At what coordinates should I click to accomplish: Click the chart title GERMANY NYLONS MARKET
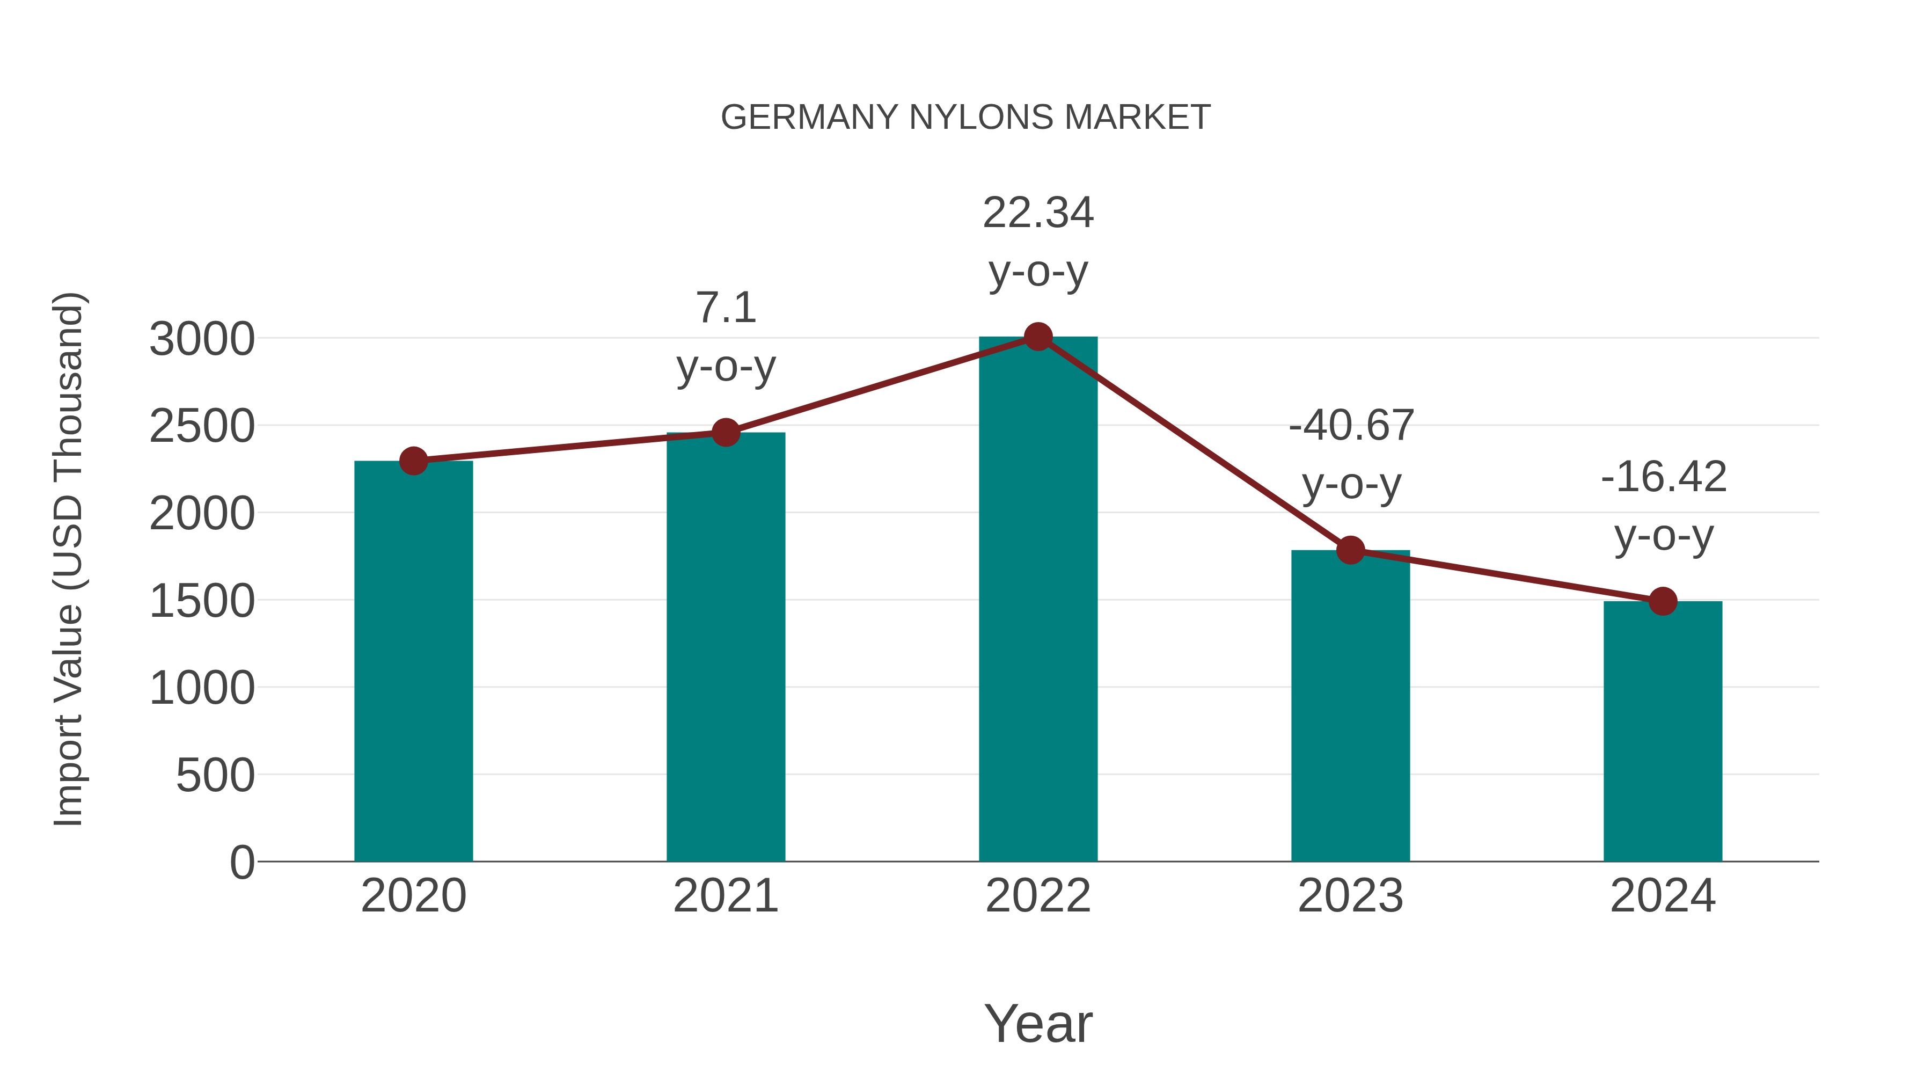965,117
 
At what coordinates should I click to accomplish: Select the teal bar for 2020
413,660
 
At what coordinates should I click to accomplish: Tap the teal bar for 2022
1038,600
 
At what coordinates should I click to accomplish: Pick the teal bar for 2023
1350,705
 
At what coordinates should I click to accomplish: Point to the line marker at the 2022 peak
1038,337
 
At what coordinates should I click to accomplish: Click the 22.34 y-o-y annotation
1038,242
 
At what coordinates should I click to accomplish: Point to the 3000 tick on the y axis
202,339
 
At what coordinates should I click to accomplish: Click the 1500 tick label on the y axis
202,601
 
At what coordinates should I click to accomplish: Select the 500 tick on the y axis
215,775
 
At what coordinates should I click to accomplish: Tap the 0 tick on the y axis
242,862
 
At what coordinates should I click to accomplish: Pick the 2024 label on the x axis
1663,896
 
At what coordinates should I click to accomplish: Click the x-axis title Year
1038,1023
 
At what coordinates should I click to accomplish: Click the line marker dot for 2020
414,461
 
